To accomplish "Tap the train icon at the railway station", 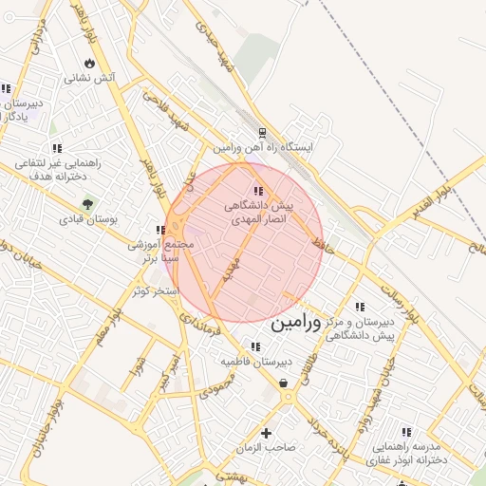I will coord(263,133).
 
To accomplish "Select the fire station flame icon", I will coord(89,63).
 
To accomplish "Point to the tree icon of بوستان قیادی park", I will coord(87,203).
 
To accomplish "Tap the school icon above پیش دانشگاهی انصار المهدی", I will coord(258,191).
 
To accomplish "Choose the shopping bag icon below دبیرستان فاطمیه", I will coord(284,383).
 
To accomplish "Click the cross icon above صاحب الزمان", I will coord(266,433).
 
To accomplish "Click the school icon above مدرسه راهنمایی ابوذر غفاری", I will coord(407,432).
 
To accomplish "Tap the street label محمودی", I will coord(216,383).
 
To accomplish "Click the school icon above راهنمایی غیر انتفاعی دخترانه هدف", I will coord(57,148).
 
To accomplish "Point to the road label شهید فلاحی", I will coord(171,112).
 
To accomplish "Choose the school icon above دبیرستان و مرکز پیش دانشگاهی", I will coord(360,307).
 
